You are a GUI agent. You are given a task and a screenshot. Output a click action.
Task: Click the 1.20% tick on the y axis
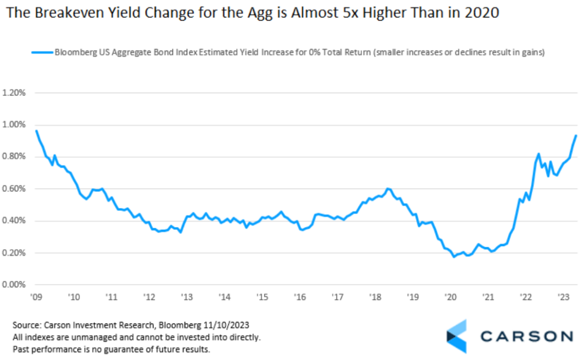point(15,93)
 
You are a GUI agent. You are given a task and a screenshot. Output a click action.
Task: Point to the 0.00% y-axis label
point(15,285)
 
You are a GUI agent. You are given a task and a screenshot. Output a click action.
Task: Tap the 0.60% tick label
point(15,189)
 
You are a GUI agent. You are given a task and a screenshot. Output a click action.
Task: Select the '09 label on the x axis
point(36,297)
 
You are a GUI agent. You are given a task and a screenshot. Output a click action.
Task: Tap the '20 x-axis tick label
point(449,297)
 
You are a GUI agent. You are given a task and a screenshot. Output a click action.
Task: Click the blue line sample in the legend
point(42,53)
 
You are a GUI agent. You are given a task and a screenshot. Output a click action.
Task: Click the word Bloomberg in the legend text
point(73,53)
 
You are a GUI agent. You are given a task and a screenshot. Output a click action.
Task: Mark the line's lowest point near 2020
point(454,256)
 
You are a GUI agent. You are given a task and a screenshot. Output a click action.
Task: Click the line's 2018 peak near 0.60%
point(387,189)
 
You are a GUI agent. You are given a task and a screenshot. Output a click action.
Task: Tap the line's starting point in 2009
point(36,131)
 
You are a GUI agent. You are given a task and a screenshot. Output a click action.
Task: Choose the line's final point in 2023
point(576,136)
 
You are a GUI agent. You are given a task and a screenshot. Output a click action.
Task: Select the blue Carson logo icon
point(456,336)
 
